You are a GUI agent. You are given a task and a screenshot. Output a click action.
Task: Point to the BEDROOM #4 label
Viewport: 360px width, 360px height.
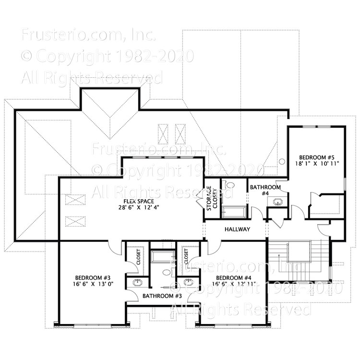234,278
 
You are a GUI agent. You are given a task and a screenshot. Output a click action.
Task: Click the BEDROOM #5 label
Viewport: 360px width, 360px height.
316,157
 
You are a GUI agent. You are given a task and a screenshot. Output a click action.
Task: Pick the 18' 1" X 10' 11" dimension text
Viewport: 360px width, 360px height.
316,164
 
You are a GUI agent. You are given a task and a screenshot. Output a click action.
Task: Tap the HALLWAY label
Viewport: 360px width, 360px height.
237,229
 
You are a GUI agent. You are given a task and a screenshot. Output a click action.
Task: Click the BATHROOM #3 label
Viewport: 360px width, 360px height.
162,296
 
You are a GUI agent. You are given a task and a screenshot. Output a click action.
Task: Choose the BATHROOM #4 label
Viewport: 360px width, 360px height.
264,190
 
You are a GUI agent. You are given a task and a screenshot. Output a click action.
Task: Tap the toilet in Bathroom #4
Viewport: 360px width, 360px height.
228,185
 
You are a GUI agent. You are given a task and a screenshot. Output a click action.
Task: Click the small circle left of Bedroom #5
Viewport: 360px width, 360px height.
282,161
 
